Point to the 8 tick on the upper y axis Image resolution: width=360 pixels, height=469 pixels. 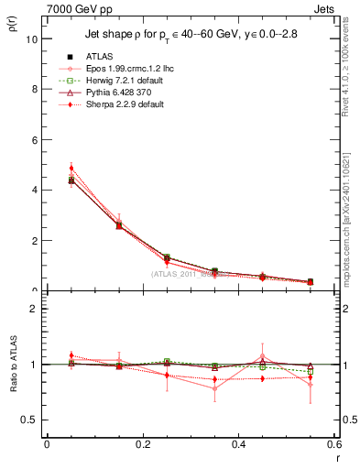(x=35, y=90)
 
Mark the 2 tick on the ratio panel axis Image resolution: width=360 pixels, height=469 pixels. (x=35, y=309)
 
